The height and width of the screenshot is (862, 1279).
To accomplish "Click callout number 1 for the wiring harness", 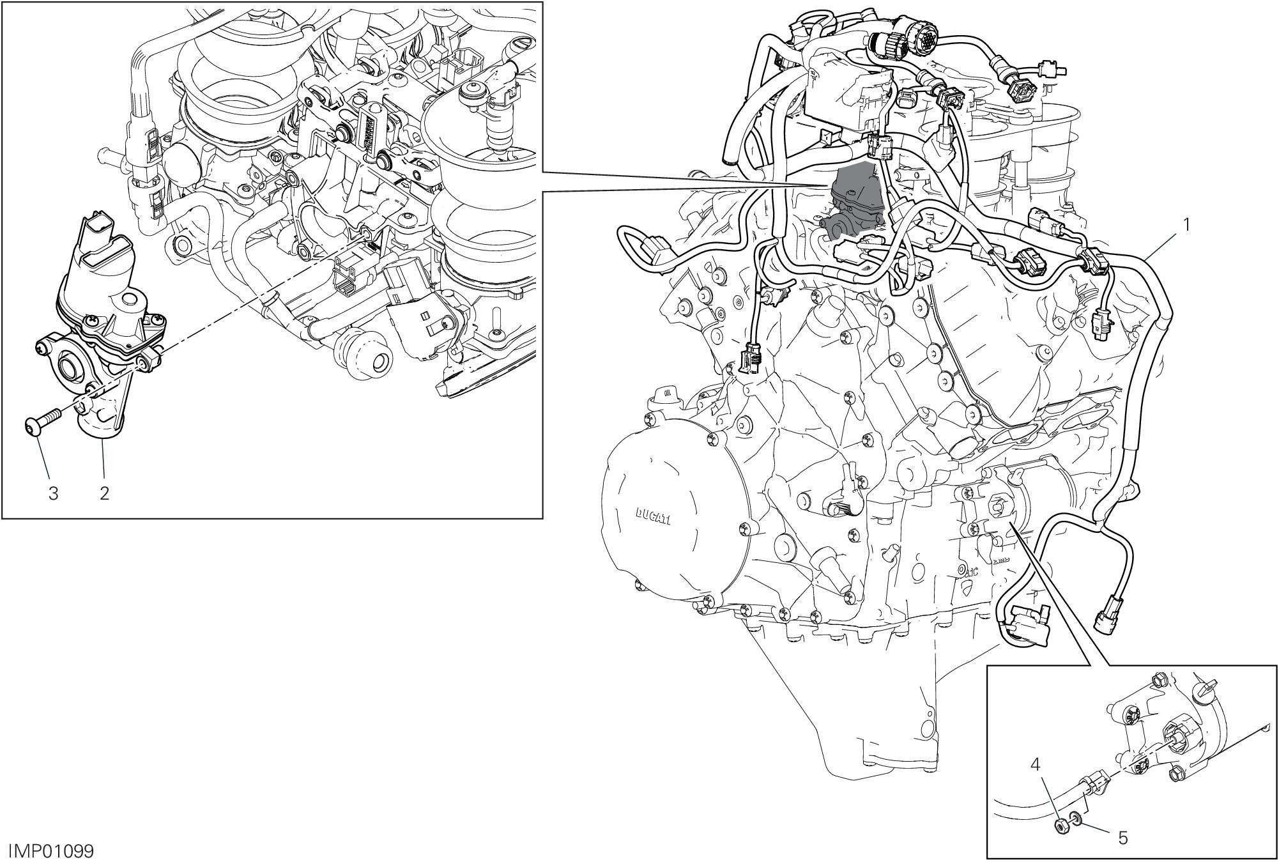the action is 1186,225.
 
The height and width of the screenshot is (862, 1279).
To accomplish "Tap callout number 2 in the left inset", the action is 104,493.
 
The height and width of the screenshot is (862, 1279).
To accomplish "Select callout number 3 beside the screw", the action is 54,493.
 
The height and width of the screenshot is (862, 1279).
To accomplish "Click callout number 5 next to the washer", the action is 1123,838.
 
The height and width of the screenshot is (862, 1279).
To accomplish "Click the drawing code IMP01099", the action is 51,851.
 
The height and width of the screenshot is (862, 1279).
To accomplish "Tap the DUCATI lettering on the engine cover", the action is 652,516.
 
